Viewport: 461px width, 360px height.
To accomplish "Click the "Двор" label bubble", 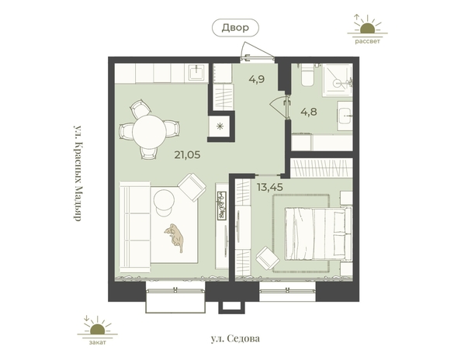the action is coord(235,28).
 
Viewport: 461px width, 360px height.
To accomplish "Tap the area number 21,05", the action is coord(187,154).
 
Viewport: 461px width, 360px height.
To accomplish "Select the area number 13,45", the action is coord(270,187).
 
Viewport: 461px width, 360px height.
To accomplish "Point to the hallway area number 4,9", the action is coord(257,79).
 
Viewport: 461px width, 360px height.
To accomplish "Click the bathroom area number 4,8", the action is coord(309,112).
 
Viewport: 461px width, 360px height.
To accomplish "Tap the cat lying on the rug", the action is coord(175,237).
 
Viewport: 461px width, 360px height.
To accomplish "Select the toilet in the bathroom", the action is coord(308,74).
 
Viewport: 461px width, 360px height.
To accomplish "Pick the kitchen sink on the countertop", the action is coord(196,72).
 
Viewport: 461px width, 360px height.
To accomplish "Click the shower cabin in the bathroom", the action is coord(337,80).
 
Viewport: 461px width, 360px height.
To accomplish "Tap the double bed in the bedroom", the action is coord(318,234).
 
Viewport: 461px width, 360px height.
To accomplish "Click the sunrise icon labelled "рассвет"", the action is coord(368,29).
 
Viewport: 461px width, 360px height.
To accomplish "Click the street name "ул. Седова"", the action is coord(235,338).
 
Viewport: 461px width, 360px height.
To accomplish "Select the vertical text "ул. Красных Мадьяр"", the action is coord(77,173).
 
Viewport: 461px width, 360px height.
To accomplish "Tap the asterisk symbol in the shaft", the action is coord(220,126).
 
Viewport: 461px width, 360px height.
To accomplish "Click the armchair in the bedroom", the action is coord(267,258).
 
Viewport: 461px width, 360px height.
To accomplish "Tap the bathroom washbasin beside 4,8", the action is coord(345,116).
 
